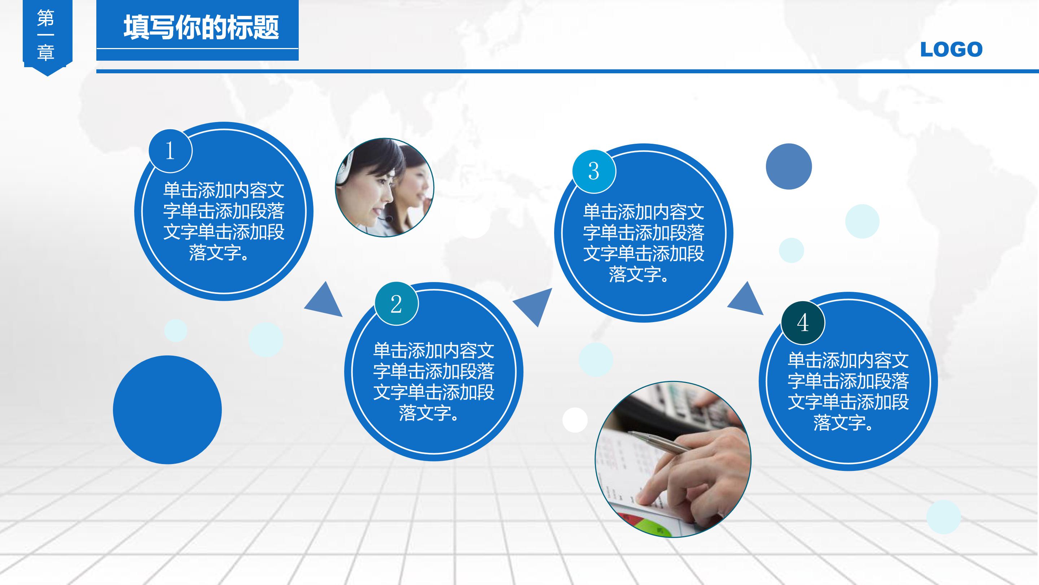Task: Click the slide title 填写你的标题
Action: tap(201, 27)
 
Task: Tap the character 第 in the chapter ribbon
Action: tap(45, 18)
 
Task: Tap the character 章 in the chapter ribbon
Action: tap(45, 52)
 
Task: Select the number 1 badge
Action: tap(170, 151)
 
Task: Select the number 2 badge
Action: tap(396, 304)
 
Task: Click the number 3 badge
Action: tap(593, 171)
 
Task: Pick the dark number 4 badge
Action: tap(803, 322)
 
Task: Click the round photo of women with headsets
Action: tap(384, 188)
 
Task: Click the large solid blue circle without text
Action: tap(167, 410)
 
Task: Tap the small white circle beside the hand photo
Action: tap(574, 420)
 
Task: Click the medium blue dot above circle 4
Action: tap(789, 166)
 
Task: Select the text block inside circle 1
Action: tap(224, 221)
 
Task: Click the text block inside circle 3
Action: tap(643, 243)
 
